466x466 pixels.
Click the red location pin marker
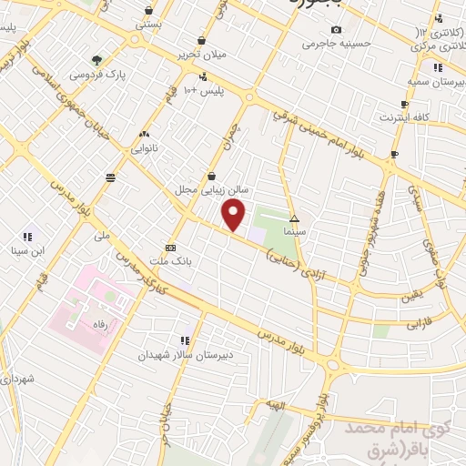234,216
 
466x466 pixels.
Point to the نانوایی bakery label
144,147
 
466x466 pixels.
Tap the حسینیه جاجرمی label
338,43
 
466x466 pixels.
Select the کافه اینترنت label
404,118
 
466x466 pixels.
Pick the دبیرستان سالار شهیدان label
176,355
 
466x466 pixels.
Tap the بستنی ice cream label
148,25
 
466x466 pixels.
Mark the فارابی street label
417,323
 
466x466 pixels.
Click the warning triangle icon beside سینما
294,218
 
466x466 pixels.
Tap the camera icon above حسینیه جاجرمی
337,29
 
